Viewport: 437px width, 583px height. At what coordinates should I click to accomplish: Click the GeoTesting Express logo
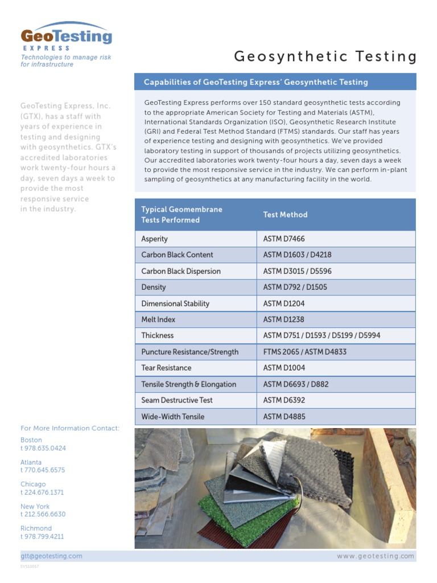pos(66,38)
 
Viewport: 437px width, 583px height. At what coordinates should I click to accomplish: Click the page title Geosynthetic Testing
pos(325,56)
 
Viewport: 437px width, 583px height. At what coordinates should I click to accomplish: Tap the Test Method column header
pos(285,215)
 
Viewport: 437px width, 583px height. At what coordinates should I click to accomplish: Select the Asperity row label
pos(155,239)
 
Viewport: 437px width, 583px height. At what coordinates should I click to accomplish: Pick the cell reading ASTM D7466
pos(288,239)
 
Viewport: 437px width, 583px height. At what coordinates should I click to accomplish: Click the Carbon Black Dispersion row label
pos(181,272)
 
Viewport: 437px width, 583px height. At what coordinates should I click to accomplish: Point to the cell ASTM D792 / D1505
pos(295,288)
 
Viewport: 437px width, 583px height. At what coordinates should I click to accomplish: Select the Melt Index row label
pos(158,320)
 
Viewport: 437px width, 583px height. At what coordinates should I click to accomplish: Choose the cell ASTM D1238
pos(287,320)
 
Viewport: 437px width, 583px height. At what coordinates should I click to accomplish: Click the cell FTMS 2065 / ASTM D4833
pos(304,352)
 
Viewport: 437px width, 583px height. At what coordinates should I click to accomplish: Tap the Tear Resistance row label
pos(166,368)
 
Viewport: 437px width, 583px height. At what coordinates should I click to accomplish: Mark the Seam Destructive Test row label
pos(177,400)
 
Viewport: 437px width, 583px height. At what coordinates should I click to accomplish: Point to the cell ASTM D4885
pos(288,417)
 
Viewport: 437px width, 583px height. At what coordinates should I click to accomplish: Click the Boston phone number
pos(43,448)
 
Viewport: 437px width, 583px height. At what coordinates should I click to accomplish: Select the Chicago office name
pos(33,484)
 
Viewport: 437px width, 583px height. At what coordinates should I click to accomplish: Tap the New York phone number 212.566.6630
pos(43,514)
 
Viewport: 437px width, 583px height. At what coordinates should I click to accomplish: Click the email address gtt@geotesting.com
pos(51,556)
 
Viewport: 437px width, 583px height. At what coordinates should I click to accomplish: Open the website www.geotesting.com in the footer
pos(376,556)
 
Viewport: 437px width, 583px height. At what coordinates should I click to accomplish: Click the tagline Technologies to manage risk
pos(66,58)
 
